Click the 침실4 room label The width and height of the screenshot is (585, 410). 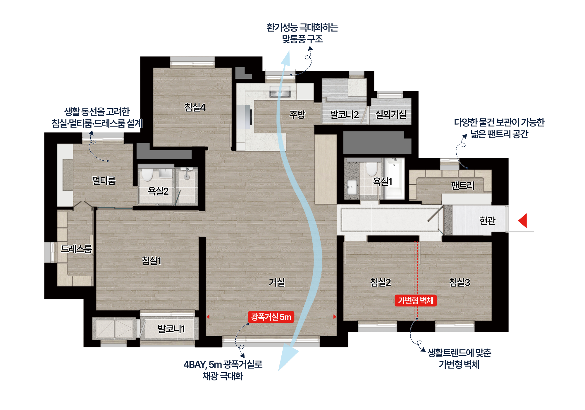tap(195, 107)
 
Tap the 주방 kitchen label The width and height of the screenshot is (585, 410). tap(297, 114)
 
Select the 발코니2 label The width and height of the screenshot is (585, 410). tap(344, 115)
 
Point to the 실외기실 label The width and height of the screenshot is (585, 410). tap(391, 114)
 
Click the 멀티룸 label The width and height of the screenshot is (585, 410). tap(104, 181)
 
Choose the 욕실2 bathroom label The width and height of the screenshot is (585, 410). tap(158, 191)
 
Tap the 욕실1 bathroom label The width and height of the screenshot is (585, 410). tap(382, 181)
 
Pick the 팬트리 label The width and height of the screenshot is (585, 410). tap(462, 185)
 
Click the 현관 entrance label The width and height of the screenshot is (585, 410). tap(487, 220)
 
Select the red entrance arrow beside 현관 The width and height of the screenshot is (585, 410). tap(523, 220)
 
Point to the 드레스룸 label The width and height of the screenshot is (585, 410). tap(76, 249)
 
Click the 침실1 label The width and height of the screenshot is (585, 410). tap(152, 260)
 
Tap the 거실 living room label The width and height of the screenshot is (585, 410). tap(277, 282)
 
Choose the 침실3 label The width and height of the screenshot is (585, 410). tap(460, 282)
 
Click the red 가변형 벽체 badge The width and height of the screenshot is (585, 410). tap(416, 300)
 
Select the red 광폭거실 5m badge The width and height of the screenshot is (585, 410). tap(271, 317)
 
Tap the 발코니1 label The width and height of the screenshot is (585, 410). tap(171, 329)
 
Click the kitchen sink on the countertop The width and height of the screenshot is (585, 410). tap(280, 93)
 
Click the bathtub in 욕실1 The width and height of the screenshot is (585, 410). tap(394, 177)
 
